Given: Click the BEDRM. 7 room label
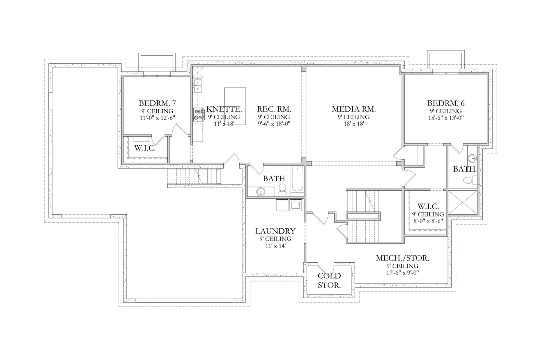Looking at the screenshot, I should [157, 103].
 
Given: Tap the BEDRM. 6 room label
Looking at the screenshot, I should [445, 103].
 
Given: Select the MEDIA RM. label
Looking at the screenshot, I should [353, 109].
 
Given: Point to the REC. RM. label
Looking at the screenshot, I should [274, 109].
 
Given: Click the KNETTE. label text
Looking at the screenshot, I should [224, 109].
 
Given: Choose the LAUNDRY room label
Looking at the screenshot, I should [275, 231].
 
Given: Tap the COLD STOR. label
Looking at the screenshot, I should [329, 281].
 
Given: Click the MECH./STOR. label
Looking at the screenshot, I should [402, 258].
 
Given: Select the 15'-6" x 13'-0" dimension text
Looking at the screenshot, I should [445, 118].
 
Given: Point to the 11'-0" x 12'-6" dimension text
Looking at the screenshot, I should [157, 118].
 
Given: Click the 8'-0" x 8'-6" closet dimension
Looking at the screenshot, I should [428, 221].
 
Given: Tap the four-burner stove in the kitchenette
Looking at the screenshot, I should [199, 115].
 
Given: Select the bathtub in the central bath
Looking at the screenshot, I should [297, 179].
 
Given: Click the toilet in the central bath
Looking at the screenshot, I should [282, 190].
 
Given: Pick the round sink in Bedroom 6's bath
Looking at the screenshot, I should [472, 158].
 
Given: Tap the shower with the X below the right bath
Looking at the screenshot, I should [463, 202].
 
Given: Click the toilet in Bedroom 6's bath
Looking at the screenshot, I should [470, 180].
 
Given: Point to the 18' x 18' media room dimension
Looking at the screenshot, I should [353, 124].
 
